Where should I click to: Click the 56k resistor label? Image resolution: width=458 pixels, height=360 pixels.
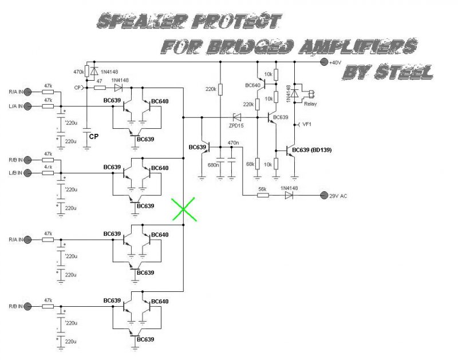[263, 188]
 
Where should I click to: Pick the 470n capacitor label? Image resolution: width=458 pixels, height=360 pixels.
[233, 143]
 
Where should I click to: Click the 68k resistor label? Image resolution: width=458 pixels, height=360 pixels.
[250, 164]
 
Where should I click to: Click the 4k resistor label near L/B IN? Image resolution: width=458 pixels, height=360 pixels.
[48, 167]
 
